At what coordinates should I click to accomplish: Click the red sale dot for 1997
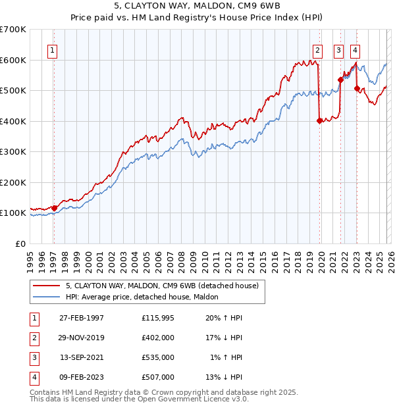55,208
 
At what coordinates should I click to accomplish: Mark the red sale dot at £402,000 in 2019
319,120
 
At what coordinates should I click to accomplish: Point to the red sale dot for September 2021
340,80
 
